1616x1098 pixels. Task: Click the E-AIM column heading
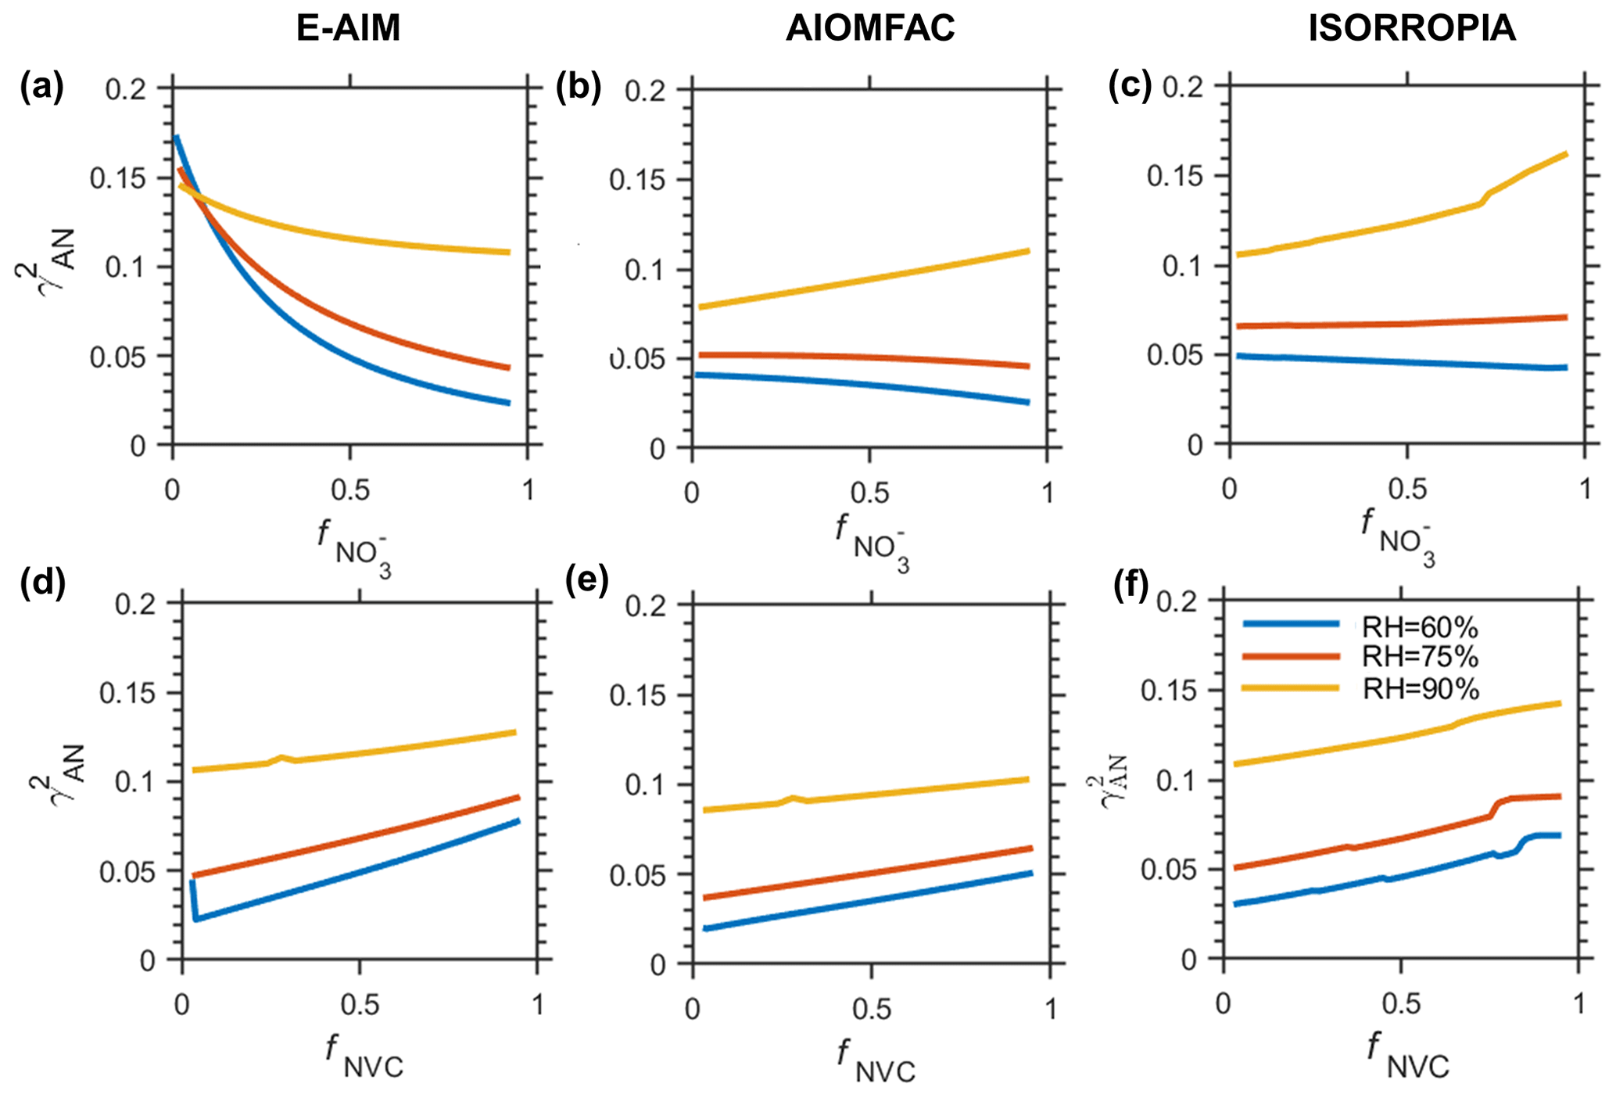[x=348, y=28]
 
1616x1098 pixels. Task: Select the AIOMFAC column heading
[x=870, y=28]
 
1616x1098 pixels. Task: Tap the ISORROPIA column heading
[x=1412, y=28]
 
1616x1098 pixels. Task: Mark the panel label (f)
[x=1131, y=583]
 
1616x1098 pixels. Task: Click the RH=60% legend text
[x=1421, y=627]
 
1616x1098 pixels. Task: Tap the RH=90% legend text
[x=1421, y=688]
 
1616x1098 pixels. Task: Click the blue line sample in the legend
[x=1291, y=624]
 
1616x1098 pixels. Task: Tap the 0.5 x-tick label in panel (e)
[x=871, y=1010]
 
